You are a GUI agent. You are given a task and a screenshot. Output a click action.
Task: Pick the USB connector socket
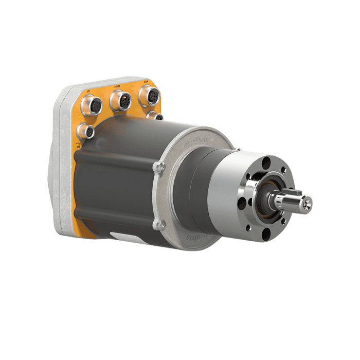(x=88, y=132)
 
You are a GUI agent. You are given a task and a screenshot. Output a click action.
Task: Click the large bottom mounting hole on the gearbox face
(x=266, y=235)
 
